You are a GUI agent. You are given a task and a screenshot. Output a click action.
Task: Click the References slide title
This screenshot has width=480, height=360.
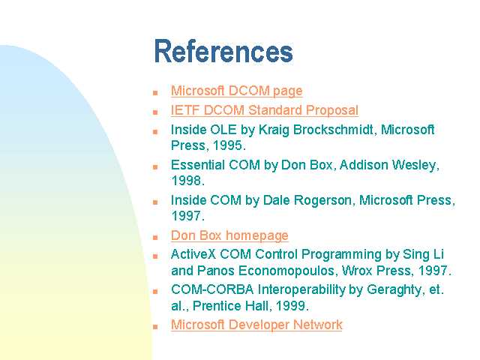point(223,51)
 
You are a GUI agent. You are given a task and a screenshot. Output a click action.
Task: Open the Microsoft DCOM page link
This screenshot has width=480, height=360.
point(237,91)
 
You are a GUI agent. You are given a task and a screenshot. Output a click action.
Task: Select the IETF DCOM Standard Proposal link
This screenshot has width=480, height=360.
point(265,110)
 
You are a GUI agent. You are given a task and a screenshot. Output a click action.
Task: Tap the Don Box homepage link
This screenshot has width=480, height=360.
point(229,235)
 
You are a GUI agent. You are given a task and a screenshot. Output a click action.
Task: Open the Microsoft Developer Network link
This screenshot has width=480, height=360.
point(256,325)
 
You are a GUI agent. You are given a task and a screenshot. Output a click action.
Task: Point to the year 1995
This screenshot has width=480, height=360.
point(228,145)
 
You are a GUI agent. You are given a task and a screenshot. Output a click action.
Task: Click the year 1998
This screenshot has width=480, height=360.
point(186,181)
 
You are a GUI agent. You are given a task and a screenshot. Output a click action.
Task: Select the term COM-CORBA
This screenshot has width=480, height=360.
point(212,289)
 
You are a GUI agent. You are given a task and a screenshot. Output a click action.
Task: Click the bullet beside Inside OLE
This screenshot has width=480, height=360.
point(155,132)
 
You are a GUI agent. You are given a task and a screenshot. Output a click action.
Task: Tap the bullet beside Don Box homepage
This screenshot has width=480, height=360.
point(155,238)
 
